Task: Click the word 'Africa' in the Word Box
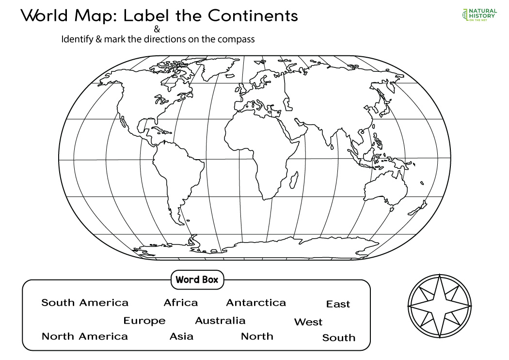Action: tap(180, 303)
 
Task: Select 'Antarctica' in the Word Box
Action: tap(256, 303)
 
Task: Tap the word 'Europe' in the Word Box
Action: tap(144, 321)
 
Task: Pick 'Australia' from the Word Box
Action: tap(220, 321)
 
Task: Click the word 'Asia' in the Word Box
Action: tap(181, 336)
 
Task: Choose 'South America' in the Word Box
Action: tap(85, 303)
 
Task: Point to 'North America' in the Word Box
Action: tap(85, 336)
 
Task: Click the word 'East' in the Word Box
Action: tap(338, 304)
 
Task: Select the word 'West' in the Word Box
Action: tap(308, 322)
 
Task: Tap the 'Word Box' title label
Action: tap(197, 280)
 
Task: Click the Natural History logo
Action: tap(478, 15)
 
